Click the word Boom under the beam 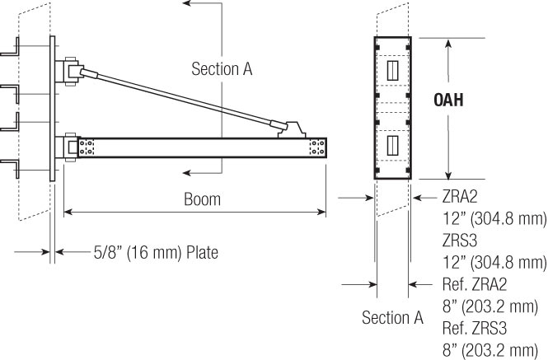coord(201,199)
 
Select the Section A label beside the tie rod coord(221,69)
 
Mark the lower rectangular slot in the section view coord(392,147)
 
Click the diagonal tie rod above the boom coord(181,97)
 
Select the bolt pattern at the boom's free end coord(317,147)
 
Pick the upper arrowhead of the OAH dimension coord(447,41)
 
